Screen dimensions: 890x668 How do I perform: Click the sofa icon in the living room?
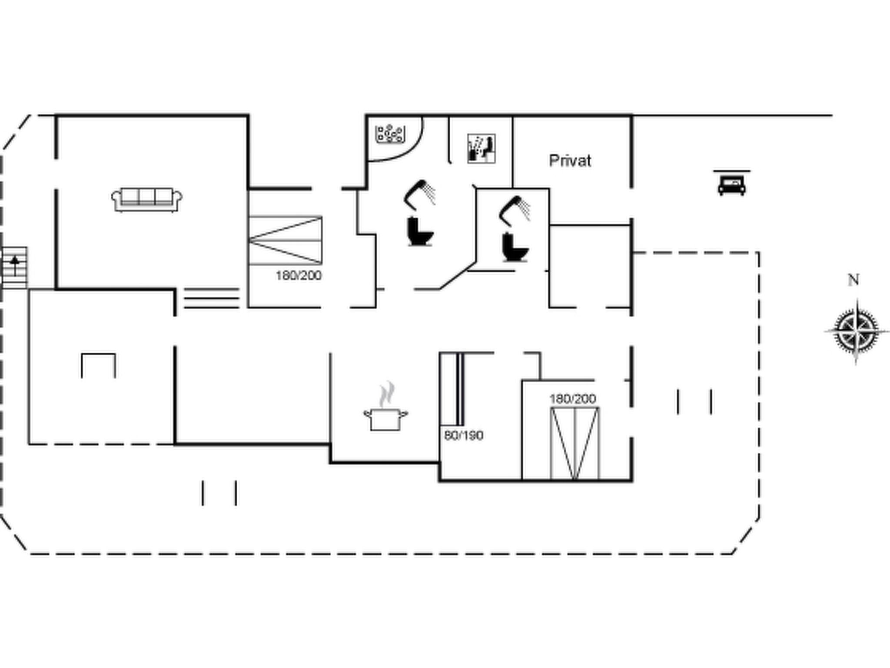pyautogui.click(x=147, y=200)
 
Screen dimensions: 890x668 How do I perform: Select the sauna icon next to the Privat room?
pyautogui.click(x=481, y=149)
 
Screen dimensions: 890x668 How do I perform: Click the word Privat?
pyautogui.click(x=570, y=161)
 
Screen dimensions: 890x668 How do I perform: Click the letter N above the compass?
pyautogui.click(x=853, y=280)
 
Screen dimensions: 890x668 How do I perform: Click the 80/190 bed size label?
pyautogui.click(x=464, y=435)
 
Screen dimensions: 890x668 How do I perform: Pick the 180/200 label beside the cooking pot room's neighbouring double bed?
pyautogui.click(x=573, y=399)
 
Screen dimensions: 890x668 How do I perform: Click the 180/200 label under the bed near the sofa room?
pyautogui.click(x=299, y=275)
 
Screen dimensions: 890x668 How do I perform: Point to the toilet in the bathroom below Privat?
pyautogui.click(x=515, y=247)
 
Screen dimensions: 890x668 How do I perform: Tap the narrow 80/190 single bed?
pyautogui.click(x=452, y=389)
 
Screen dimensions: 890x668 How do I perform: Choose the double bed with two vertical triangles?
pyautogui.click(x=575, y=443)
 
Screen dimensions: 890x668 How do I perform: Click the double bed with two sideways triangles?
pyautogui.click(x=285, y=240)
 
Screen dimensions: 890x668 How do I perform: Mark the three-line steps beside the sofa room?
pyautogui.click(x=212, y=298)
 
